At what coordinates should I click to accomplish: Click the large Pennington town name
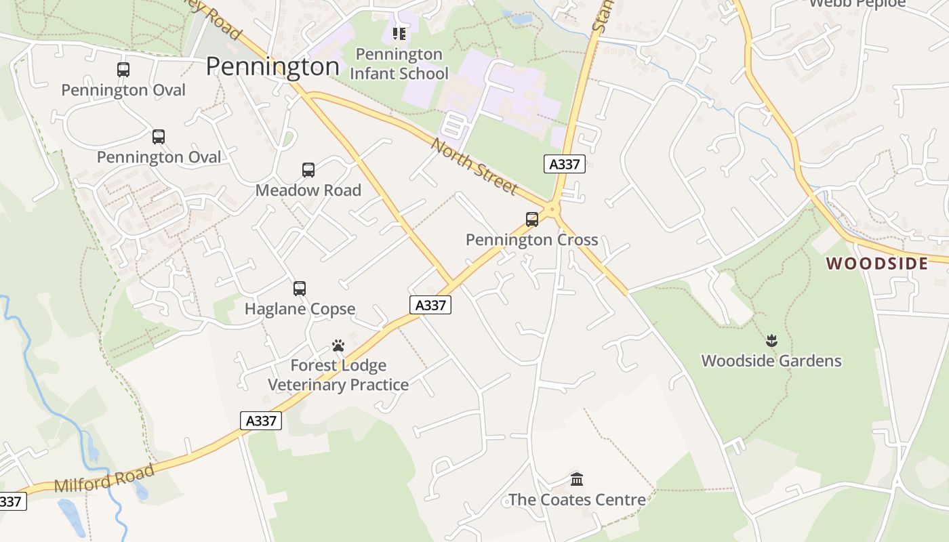(272, 66)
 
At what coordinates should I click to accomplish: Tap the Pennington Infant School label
(399, 64)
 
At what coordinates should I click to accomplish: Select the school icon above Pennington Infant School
(399, 33)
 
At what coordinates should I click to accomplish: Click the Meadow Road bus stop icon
(308, 170)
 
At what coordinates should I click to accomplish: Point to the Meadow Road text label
(308, 190)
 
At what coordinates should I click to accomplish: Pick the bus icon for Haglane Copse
(300, 289)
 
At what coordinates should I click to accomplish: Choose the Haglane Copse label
(300, 309)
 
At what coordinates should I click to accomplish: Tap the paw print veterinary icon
(338, 346)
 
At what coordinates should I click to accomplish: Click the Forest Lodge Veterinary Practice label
(338, 375)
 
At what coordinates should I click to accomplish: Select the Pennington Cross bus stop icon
(532, 220)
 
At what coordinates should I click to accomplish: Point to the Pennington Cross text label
(532, 240)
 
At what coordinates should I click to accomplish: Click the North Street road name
(474, 167)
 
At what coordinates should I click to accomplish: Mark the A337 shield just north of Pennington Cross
(565, 164)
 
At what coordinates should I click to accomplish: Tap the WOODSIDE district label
(877, 264)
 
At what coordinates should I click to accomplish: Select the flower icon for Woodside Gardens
(771, 340)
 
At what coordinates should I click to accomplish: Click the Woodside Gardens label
(771, 360)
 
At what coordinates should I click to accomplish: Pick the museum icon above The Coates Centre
(577, 480)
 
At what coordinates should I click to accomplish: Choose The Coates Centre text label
(577, 500)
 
